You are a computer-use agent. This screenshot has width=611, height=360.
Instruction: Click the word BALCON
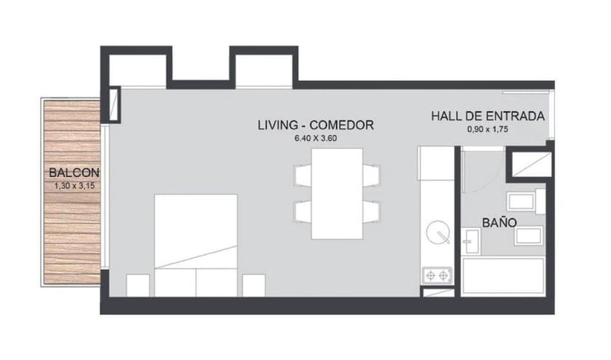74,173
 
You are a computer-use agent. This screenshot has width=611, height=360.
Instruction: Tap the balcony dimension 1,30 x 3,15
74,187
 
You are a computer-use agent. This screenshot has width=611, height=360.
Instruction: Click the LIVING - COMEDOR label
315,125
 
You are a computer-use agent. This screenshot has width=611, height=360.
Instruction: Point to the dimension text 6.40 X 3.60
315,138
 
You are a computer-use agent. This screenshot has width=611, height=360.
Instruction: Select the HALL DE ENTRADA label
488,117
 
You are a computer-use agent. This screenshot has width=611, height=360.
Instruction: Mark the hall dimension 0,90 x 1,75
488,129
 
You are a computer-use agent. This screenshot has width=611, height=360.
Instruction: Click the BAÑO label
499,221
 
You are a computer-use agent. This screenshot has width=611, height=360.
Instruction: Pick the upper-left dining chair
303,176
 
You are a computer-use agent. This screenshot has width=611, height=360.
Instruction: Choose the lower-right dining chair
371,212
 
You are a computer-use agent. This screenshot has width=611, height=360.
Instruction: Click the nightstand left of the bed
138,285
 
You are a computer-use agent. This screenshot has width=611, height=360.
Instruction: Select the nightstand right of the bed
253,285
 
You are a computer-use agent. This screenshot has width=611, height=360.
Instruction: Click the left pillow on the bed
175,283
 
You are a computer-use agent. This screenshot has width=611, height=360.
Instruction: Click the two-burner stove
436,275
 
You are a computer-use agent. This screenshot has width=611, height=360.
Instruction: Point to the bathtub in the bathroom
503,276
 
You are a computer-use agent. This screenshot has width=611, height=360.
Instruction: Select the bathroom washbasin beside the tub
471,241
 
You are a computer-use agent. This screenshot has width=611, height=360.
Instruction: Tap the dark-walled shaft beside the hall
529,163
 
